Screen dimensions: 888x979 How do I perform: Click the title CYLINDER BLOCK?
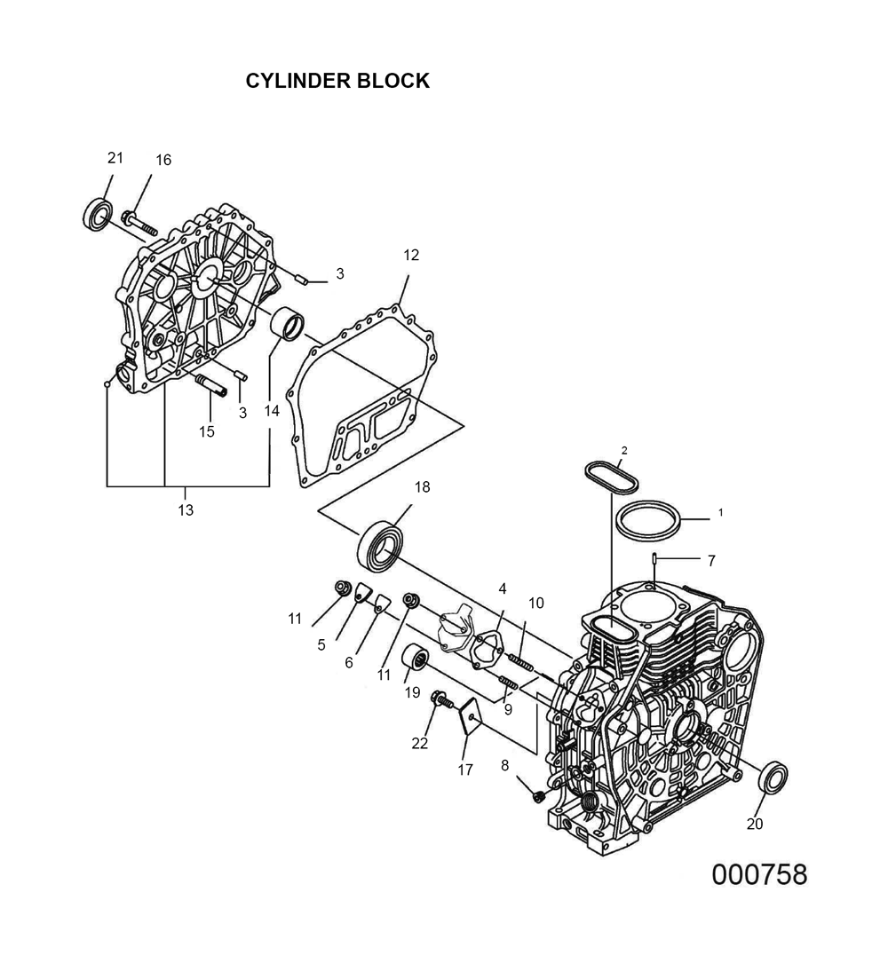tap(337, 81)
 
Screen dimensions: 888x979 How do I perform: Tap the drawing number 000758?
tap(759, 875)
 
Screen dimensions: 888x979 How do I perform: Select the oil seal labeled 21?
tap(98, 214)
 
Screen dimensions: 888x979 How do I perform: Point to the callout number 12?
tap(411, 255)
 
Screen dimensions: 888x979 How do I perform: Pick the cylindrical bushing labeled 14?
tap(288, 325)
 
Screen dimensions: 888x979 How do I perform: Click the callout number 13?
tap(186, 510)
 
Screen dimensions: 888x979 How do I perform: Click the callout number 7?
tap(711, 561)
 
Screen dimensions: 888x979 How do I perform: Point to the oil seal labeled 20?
tap(773, 778)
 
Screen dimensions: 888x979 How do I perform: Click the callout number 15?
tap(207, 431)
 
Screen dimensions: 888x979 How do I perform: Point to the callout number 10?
tap(535, 604)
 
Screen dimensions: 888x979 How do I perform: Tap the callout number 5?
tap(321, 645)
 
